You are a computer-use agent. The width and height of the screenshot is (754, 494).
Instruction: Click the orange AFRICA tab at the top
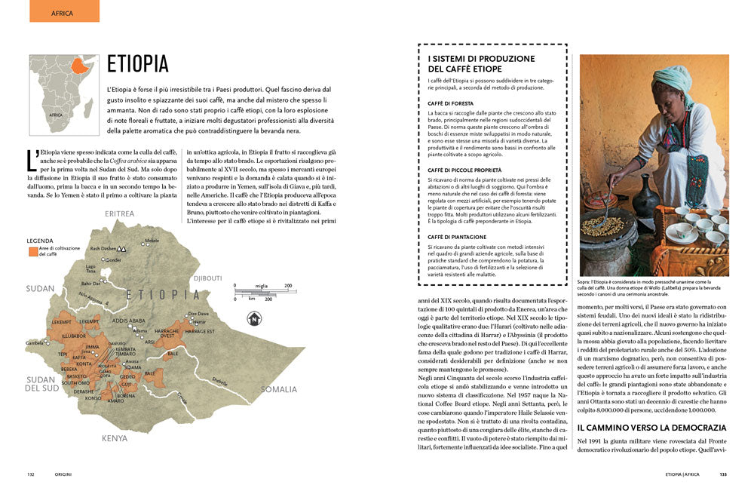[63, 12]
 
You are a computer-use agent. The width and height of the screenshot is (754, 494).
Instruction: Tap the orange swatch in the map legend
[32, 251]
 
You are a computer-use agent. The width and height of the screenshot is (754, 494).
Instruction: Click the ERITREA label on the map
[120, 214]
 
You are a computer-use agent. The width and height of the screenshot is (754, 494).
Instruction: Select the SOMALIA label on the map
[279, 389]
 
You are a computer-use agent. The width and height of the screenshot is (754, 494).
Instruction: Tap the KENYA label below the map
[115, 437]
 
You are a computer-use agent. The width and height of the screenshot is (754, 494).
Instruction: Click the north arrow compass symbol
[254, 318]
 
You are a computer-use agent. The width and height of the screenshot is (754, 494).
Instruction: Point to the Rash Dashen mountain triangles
[122, 248]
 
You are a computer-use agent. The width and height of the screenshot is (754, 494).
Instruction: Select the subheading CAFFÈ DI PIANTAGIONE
[459, 237]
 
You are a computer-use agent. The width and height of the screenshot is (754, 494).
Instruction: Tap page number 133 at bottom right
[722, 474]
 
